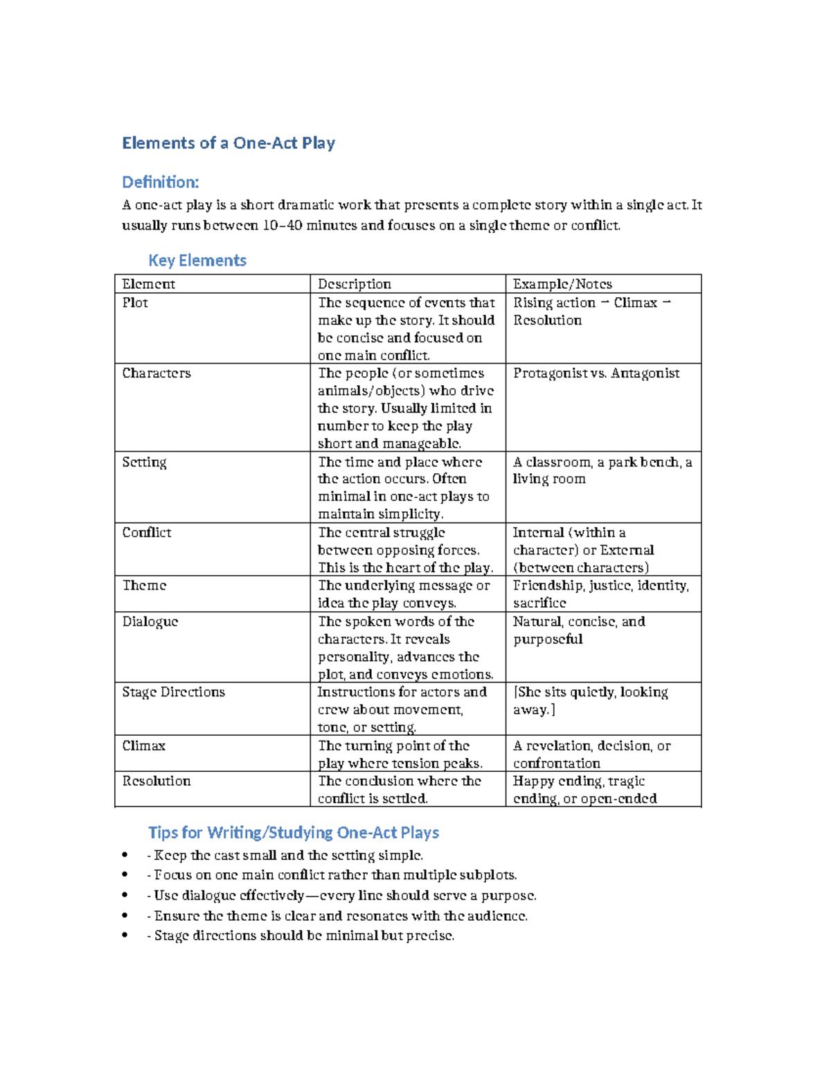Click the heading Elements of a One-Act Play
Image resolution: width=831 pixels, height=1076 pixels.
229,143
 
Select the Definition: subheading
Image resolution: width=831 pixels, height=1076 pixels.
160,182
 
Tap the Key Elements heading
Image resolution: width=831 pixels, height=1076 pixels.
197,261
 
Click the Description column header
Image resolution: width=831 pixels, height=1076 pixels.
355,284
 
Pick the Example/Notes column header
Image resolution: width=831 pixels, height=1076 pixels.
562,284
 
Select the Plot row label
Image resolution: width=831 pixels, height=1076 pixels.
135,303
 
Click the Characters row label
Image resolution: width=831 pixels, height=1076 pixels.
157,373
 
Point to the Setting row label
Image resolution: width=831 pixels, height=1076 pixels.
144,462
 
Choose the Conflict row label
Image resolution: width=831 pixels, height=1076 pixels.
147,533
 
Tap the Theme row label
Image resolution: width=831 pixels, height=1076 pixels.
144,585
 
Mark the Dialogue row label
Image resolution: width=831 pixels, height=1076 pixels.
150,621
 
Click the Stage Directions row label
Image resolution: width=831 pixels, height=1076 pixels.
174,692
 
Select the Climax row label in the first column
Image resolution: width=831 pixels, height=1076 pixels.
144,746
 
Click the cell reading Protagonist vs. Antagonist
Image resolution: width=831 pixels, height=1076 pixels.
596,373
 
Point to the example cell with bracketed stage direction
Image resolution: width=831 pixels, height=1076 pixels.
590,700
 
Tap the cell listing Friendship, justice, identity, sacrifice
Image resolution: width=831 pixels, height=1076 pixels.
600,594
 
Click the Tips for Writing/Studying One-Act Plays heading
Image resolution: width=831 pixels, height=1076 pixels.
294,833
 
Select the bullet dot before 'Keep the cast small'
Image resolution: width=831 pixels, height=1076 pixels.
125,856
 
